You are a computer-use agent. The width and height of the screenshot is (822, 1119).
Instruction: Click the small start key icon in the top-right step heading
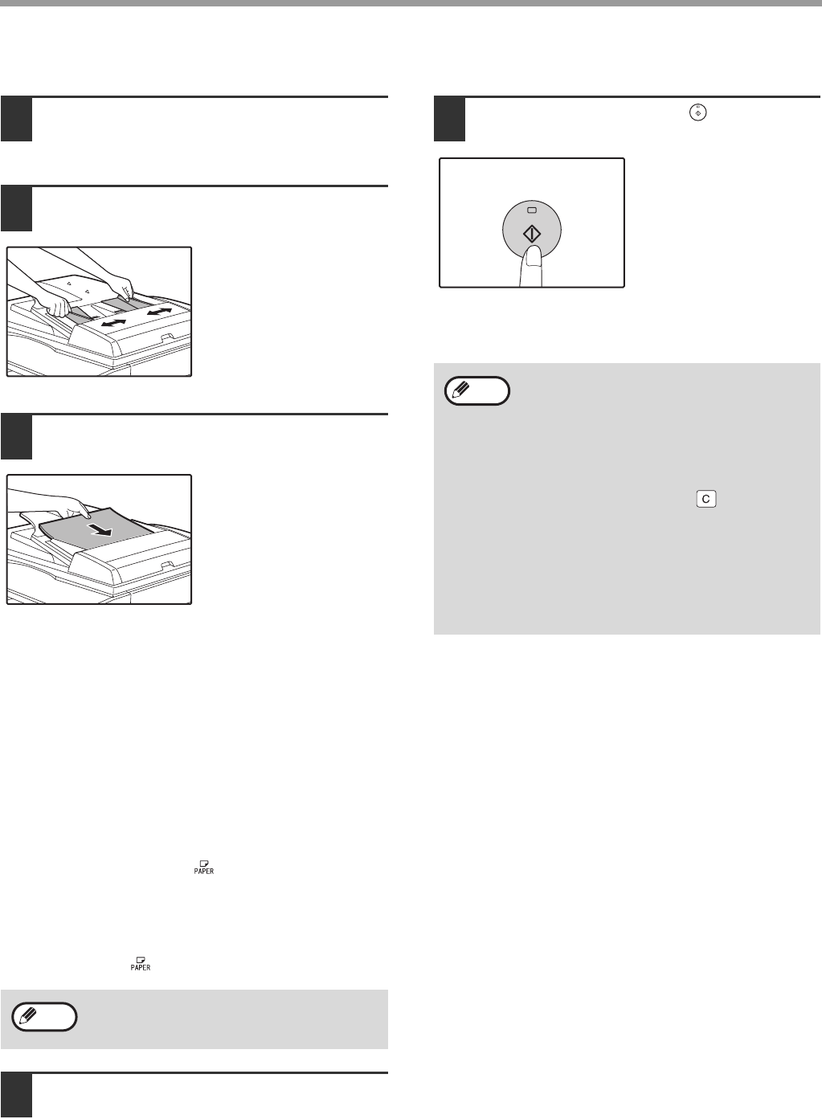tap(698, 113)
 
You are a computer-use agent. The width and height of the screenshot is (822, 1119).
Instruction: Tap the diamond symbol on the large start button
tap(532, 235)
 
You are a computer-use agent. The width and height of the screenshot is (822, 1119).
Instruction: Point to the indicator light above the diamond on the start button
tap(532, 210)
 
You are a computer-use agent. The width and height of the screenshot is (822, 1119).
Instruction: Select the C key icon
tap(706, 499)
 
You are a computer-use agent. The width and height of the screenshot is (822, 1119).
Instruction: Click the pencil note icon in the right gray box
tap(477, 390)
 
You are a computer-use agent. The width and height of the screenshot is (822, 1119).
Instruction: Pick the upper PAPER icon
tap(204, 868)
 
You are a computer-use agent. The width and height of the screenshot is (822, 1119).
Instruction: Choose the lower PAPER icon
tap(141, 964)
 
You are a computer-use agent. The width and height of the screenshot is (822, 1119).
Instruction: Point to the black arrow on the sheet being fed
tap(99, 530)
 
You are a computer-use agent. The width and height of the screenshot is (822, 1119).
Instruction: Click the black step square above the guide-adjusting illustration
tap(17, 209)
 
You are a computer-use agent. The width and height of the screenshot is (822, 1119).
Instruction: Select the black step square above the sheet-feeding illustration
tap(17, 437)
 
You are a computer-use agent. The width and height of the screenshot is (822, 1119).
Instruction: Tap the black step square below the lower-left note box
tap(17, 1096)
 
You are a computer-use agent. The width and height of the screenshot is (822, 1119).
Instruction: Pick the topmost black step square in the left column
tap(17, 120)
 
